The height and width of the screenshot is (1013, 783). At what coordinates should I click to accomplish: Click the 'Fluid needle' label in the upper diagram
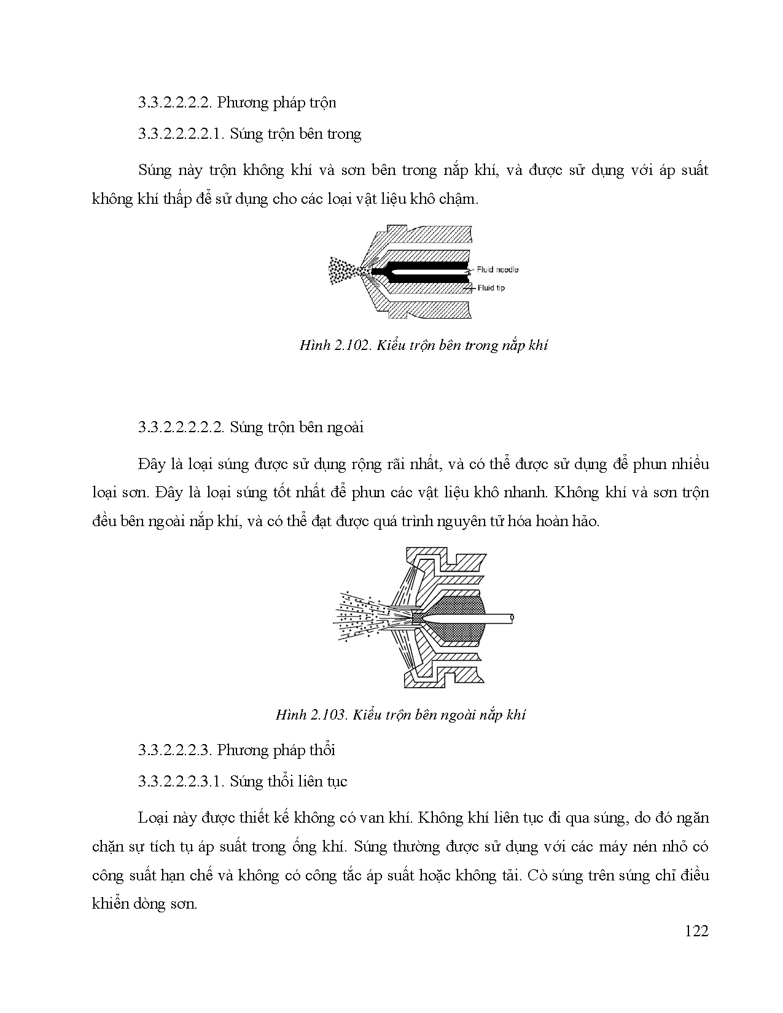[498, 270]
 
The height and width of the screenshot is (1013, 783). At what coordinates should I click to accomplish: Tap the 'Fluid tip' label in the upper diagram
[491, 287]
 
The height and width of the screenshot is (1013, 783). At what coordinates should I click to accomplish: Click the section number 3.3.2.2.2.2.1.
[182, 134]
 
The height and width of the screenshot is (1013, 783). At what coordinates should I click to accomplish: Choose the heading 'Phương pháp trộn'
[276, 103]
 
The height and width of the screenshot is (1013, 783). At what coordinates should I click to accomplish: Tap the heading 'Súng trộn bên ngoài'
[297, 427]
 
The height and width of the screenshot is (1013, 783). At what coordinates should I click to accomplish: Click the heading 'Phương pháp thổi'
[276, 750]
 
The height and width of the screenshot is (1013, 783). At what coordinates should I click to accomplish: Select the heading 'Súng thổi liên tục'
[289, 782]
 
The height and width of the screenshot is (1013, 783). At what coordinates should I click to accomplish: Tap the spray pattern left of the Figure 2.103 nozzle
[362, 616]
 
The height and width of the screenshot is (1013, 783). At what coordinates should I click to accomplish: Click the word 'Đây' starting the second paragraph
[151, 464]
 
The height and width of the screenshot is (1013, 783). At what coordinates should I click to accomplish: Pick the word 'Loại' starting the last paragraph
[154, 818]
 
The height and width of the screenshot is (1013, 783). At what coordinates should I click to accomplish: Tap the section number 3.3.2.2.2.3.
[176, 750]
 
